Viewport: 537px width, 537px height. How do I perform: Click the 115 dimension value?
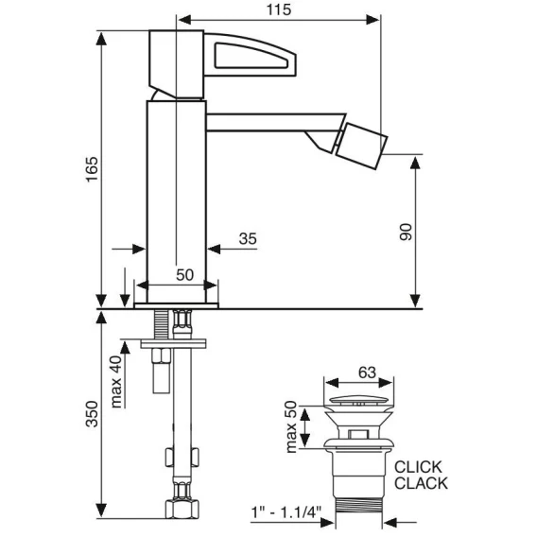[x=279, y=9]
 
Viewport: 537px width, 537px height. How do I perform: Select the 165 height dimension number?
[x=92, y=169]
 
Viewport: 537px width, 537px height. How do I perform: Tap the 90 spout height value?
[x=406, y=232]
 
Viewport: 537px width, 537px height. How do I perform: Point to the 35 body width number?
[x=248, y=238]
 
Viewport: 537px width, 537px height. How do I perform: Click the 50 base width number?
[x=184, y=275]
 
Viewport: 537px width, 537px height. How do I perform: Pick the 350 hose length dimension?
[x=92, y=414]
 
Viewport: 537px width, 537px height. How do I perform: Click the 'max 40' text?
[x=116, y=382]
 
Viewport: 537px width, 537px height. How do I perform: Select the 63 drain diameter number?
[x=367, y=372]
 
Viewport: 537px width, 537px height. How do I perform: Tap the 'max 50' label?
[x=291, y=426]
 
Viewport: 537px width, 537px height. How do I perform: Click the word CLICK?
[x=418, y=467]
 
